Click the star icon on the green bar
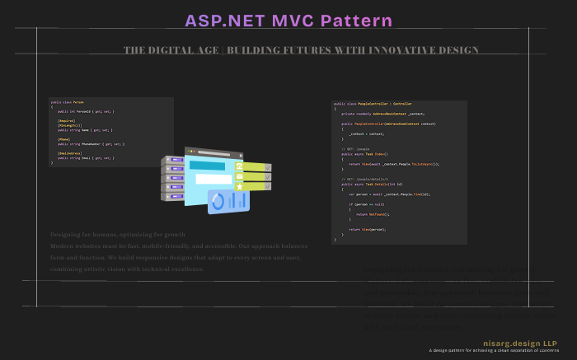click(240, 186)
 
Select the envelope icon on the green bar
click(240, 176)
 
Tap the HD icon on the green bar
click(240, 166)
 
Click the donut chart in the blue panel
click(218, 200)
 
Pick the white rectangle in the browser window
click(213, 179)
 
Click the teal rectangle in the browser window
click(207, 166)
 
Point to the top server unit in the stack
click(172, 160)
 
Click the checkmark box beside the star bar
click(268, 186)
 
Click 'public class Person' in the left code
click(67, 102)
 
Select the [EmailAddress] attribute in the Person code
click(69, 152)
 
